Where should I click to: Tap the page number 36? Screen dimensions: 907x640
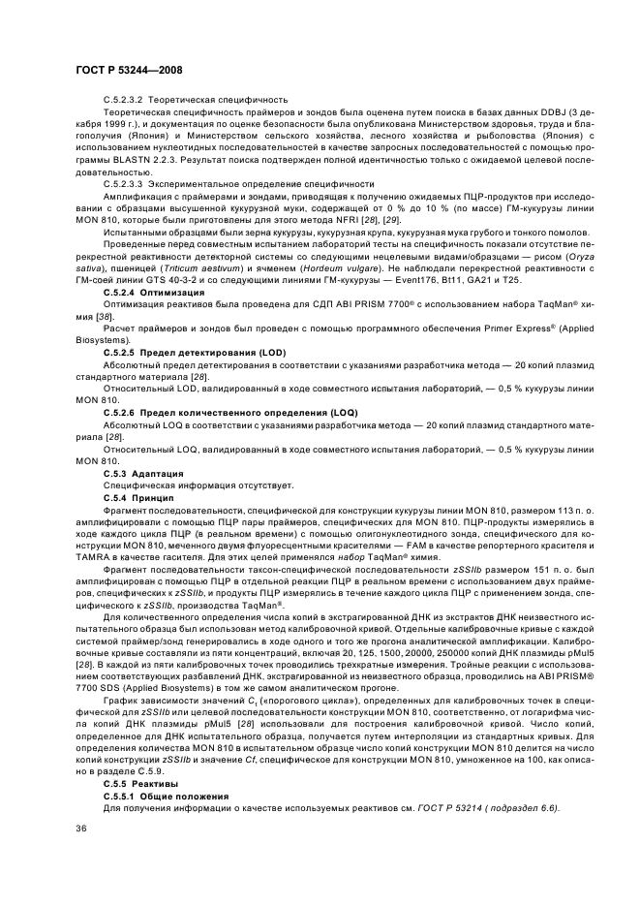pos(81,827)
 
